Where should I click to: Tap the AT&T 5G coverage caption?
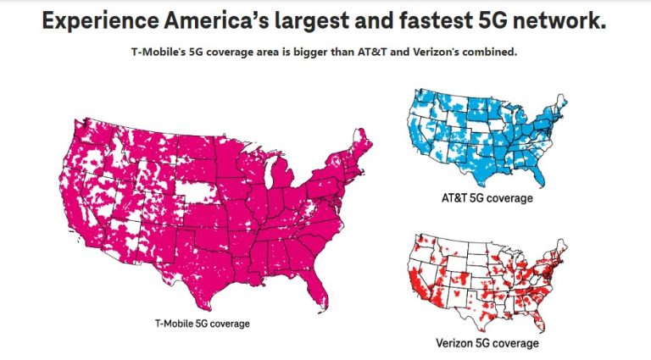coord(487,198)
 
